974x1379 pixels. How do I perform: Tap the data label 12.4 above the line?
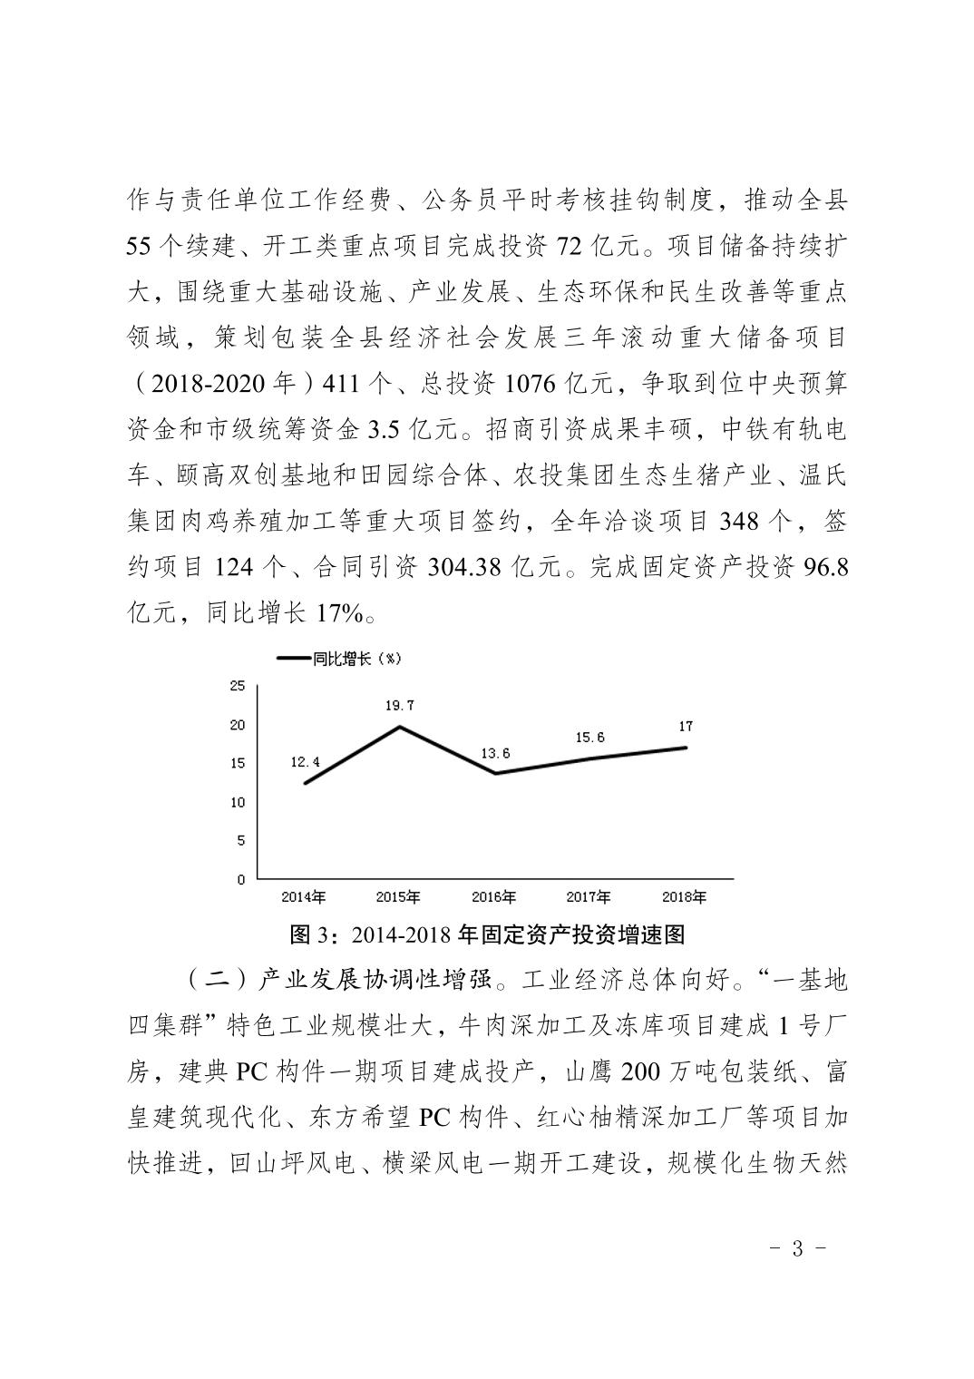(305, 763)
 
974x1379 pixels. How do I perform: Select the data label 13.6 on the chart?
(494, 753)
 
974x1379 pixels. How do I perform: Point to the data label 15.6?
(590, 738)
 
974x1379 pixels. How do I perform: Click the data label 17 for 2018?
(686, 726)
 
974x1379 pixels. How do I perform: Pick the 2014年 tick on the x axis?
(304, 897)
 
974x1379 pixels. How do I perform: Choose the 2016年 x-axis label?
(494, 897)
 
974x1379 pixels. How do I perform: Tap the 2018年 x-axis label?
(685, 897)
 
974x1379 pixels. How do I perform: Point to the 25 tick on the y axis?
(238, 686)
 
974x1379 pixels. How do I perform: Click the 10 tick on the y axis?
(238, 802)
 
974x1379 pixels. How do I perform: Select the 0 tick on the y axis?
(241, 879)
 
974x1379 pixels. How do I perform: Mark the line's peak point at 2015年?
(400, 726)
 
